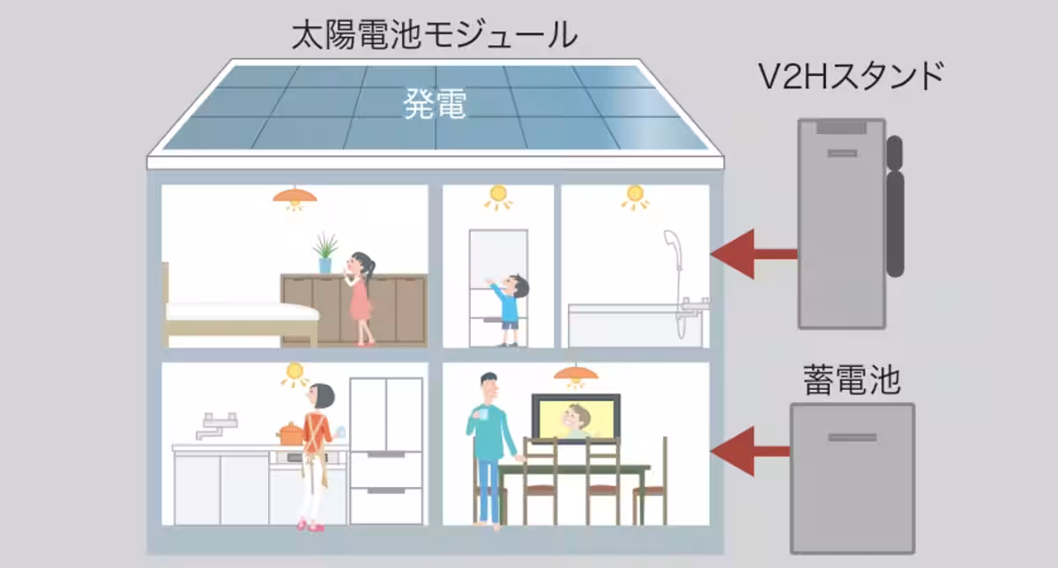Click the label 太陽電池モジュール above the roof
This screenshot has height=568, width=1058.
[435, 36]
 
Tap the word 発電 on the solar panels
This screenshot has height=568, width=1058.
[435, 104]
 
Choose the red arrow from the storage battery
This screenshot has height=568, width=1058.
[749, 452]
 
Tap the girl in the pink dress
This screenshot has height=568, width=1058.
[361, 298]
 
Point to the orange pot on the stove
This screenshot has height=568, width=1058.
[290, 434]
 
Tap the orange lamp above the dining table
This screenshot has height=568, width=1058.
[575, 375]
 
